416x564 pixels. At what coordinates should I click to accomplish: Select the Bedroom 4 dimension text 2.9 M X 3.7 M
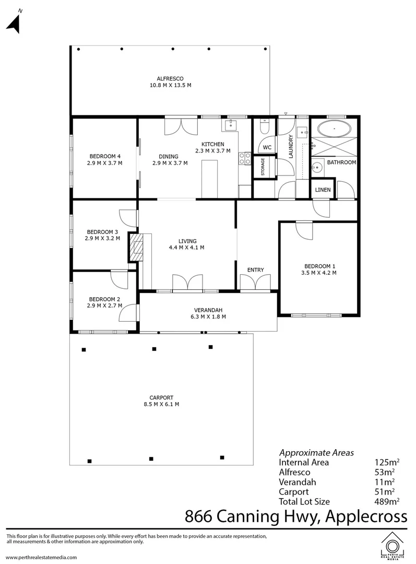pos(105,163)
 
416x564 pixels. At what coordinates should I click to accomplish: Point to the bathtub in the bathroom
pos(334,128)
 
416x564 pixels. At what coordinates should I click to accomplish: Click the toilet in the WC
pos(264,128)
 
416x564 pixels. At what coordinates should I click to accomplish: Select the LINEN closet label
pos(323,190)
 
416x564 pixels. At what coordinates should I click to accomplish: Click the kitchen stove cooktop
pos(244,159)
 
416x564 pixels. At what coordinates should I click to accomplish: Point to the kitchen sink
pos(230,125)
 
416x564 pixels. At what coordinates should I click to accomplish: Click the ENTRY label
pos(256,270)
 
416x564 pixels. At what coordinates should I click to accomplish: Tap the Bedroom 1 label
pos(318,265)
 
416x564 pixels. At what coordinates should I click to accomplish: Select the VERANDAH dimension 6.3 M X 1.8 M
pos(208,316)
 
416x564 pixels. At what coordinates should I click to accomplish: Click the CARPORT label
pos(160,397)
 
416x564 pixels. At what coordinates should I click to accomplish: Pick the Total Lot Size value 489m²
pos(387,501)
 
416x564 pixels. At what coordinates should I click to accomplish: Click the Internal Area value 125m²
pos(387,462)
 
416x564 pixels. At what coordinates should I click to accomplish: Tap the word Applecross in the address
pos(366,517)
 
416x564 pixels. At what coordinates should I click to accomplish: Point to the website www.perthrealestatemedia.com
pos(41,557)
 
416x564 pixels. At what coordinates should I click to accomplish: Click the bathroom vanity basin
pos(316,168)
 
